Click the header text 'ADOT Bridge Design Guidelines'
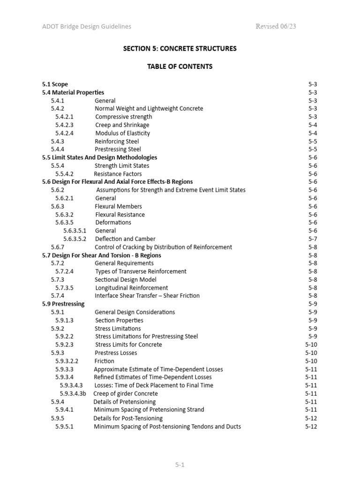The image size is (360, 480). click(x=86, y=27)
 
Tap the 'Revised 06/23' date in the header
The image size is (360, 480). click(x=276, y=27)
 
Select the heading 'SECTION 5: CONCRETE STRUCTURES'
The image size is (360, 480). click(x=180, y=48)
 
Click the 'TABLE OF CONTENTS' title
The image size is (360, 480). click(x=180, y=67)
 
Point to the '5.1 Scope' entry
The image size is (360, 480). click(x=55, y=84)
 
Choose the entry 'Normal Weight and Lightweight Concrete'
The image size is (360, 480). click(x=149, y=109)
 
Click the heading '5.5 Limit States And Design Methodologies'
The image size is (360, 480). click(x=99, y=157)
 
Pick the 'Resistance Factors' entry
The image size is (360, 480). click(x=118, y=174)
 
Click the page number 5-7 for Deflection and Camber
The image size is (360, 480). click(x=313, y=239)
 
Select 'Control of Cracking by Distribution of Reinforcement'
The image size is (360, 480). click(x=163, y=247)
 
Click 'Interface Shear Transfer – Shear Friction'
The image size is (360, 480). click(x=147, y=296)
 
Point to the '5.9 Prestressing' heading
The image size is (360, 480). click(x=63, y=304)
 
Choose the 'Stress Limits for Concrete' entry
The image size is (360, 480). click(x=128, y=345)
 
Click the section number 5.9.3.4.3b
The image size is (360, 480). click(x=73, y=394)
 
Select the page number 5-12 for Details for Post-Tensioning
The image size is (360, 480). click(x=311, y=418)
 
